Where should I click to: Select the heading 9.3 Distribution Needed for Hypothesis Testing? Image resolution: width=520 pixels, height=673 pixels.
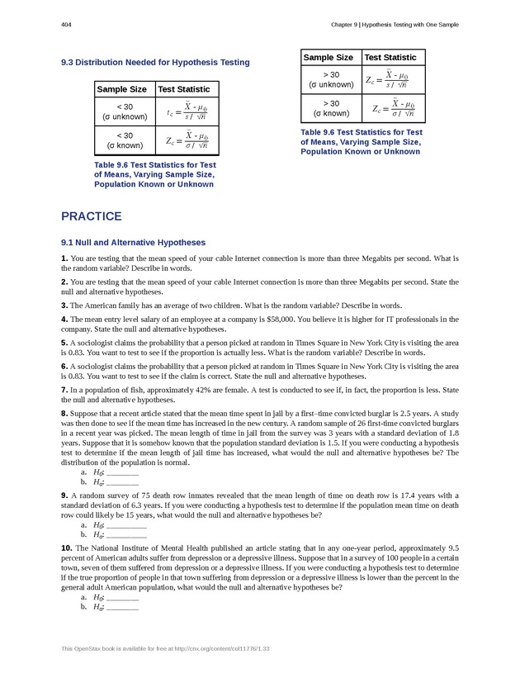pos(155,62)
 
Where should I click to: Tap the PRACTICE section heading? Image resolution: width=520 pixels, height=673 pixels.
pos(92,216)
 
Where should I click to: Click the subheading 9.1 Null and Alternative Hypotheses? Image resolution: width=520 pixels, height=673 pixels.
pos(133,243)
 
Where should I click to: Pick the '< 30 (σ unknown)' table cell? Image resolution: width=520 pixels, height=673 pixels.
pos(125,112)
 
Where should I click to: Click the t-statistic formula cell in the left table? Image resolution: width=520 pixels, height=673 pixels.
pos(187,112)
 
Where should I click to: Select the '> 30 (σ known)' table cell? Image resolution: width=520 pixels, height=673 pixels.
pos(331,108)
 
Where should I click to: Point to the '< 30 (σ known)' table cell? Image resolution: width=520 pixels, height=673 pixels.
pos(125,140)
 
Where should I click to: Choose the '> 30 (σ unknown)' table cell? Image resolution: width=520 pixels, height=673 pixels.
pos(331,80)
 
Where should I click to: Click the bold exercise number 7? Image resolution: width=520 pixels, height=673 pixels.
pos(64,389)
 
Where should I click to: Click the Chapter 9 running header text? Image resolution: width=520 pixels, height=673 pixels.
pos(392,25)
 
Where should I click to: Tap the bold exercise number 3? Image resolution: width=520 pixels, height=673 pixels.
pos(64,306)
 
